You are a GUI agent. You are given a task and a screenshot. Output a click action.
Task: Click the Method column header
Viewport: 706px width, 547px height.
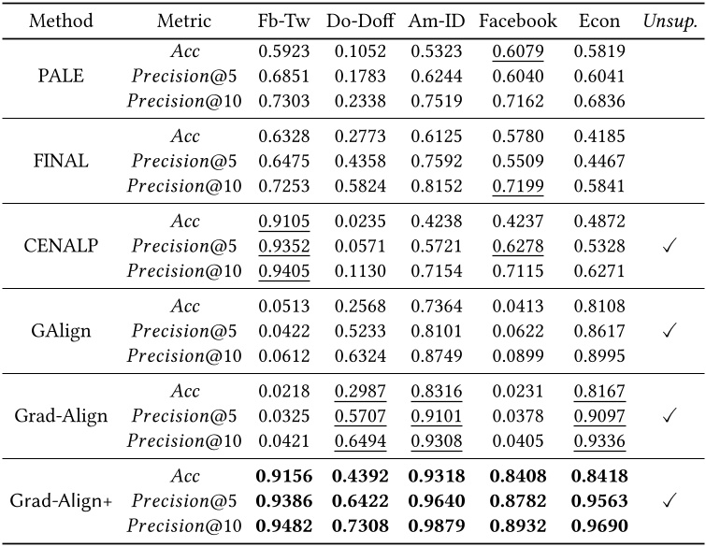(61, 21)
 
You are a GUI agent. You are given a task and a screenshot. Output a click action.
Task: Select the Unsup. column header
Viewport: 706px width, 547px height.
(670, 22)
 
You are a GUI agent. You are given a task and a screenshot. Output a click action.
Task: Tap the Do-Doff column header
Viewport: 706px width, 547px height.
(360, 21)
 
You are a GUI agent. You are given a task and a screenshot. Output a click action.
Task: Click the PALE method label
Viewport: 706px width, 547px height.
(61, 76)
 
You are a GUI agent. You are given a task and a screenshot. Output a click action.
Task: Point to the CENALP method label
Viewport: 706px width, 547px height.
(61, 246)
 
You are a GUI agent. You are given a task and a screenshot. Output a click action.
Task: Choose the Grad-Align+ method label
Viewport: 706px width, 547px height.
(61, 500)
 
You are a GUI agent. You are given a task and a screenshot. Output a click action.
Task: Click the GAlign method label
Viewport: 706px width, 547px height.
(61, 331)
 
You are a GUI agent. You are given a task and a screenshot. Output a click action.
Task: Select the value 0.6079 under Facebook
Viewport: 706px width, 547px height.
(518, 51)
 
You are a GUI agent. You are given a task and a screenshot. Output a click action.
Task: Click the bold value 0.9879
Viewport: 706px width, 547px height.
(437, 525)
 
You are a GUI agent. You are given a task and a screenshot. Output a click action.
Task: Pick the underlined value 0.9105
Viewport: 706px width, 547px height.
(284, 222)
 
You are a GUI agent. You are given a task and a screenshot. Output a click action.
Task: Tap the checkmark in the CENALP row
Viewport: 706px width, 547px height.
(670, 246)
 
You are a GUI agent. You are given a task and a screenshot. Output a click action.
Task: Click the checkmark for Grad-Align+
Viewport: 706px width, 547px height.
(670, 500)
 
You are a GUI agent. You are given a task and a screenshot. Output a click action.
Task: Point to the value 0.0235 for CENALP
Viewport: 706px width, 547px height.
(360, 222)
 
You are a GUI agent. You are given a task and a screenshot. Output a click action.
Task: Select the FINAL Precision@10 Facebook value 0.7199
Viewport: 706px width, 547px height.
(518, 186)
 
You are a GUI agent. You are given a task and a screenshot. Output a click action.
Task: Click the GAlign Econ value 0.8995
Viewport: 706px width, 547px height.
(599, 356)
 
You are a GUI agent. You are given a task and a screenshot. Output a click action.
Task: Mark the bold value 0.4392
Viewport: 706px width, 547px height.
(360, 476)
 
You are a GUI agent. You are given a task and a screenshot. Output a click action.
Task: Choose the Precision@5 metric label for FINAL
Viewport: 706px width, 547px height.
(184, 161)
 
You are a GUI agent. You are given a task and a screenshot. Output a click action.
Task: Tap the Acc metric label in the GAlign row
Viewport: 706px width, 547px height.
(185, 307)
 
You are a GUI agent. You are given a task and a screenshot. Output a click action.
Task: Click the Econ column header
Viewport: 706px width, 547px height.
(599, 21)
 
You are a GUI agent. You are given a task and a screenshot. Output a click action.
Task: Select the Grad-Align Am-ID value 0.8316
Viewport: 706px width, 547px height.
(437, 391)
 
